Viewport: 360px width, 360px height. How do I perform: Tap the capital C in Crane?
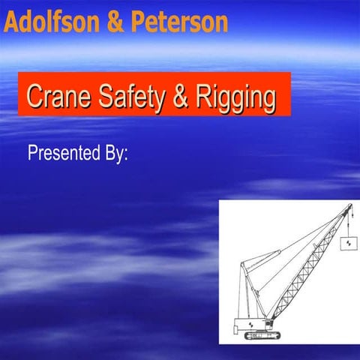point(33,95)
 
